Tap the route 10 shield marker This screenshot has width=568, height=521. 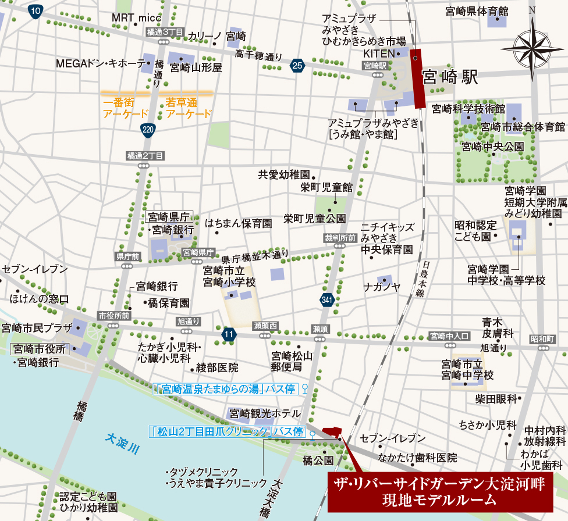coord(36,10)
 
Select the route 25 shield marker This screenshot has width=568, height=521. coord(297,66)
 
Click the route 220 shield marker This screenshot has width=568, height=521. coord(148,131)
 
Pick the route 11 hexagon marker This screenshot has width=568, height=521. coord(229,334)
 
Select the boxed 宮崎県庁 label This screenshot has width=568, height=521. coord(169,217)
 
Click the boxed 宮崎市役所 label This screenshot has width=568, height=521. coord(40,349)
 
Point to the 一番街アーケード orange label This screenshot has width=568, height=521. coord(125,108)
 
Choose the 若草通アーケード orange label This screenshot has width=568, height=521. coord(189,108)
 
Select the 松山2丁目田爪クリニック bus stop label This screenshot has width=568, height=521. coord(227,431)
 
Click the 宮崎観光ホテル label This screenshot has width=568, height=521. coord(265,414)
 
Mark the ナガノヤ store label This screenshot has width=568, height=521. coord(382,287)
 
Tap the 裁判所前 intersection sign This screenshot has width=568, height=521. coord(340,238)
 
